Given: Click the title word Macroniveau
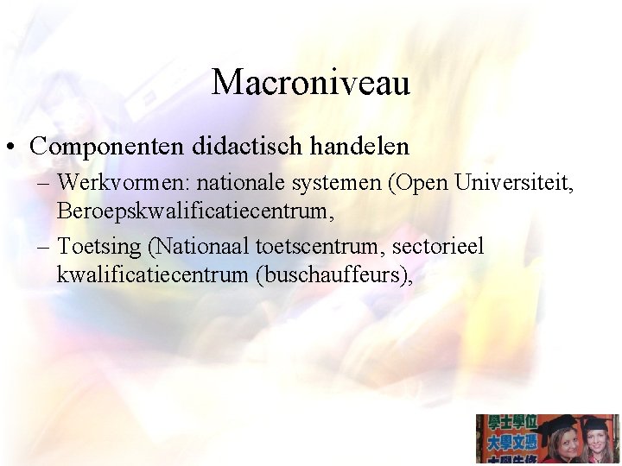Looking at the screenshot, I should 311,83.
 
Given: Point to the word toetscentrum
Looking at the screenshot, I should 320,247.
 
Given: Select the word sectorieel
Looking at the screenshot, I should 438,247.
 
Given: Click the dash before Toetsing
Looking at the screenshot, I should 44,247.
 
